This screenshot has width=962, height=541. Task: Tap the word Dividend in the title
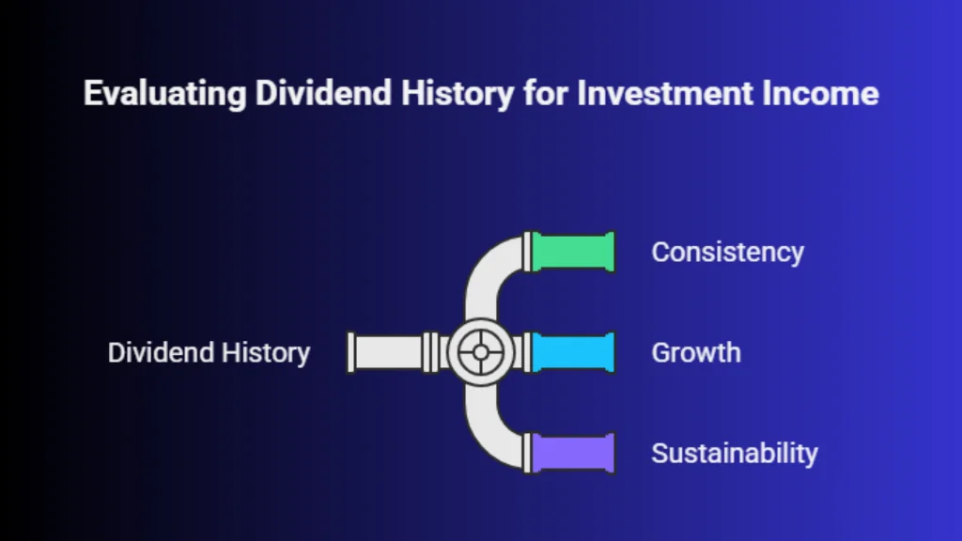[x=323, y=93]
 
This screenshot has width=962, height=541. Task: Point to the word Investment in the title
[x=664, y=93]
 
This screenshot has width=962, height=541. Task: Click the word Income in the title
[x=820, y=93]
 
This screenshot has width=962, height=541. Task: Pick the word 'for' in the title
[x=546, y=93]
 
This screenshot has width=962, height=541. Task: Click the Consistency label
[x=728, y=252]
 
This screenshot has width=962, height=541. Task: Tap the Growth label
[x=696, y=353]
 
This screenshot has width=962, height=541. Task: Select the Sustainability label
[x=735, y=454]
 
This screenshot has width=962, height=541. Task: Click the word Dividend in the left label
[x=162, y=353]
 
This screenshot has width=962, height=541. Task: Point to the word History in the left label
[x=266, y=353]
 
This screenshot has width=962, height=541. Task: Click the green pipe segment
[x=573, y=252]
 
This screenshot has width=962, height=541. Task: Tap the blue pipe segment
[x=573, y=352]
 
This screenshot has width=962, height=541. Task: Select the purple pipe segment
[x=573, y=453]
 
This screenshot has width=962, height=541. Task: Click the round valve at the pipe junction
[x=481, y=352]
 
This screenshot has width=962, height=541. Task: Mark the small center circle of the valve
[x=481, y=352]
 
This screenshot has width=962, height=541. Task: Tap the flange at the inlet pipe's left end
[x=351, y=352]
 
